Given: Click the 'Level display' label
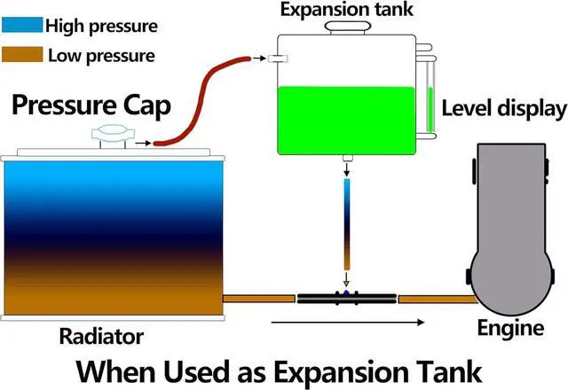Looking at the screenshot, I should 502,109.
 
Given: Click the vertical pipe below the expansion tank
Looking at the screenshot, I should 347,222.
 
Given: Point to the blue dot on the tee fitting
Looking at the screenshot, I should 346,293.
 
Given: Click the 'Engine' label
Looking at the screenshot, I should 509,329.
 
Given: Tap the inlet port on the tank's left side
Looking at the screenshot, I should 276,59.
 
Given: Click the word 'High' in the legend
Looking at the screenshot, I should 62,26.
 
